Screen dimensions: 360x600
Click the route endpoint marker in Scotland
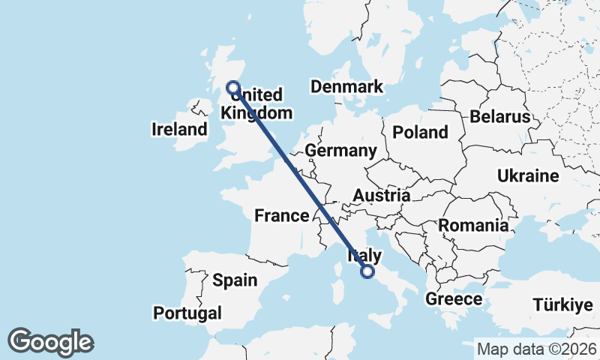point(232,88)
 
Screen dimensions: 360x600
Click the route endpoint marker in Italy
point(367,271)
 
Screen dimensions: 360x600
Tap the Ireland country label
point(179,129)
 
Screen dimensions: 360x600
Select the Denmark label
point(346,87)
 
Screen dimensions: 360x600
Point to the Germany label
point(340,151)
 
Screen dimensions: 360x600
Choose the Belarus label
point(500,117)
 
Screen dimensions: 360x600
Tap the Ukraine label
point(527,176)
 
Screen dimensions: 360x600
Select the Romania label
point(473,225)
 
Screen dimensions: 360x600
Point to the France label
point(281,216)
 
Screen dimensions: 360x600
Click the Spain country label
point(234,280)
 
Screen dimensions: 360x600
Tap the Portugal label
point(187,313)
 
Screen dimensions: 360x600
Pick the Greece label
point(454,299)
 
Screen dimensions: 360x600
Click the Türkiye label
point(562,304)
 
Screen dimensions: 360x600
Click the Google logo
point(50,342)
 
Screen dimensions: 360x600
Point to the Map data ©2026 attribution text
point(536,349)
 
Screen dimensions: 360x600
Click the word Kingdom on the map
point(256,113)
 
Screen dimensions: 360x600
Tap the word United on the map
point(259,95)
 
